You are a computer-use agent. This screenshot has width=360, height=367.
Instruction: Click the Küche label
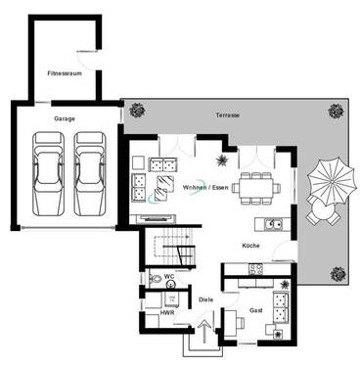point(251,246)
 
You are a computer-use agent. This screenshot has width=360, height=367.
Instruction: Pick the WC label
point(168,279)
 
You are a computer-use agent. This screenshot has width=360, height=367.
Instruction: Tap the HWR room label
point(166,312)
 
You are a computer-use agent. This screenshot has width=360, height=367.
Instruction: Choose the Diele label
point(204,299)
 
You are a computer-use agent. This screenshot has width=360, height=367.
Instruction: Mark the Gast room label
point(255,309)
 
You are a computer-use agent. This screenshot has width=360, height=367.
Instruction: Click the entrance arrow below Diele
point(205,326)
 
